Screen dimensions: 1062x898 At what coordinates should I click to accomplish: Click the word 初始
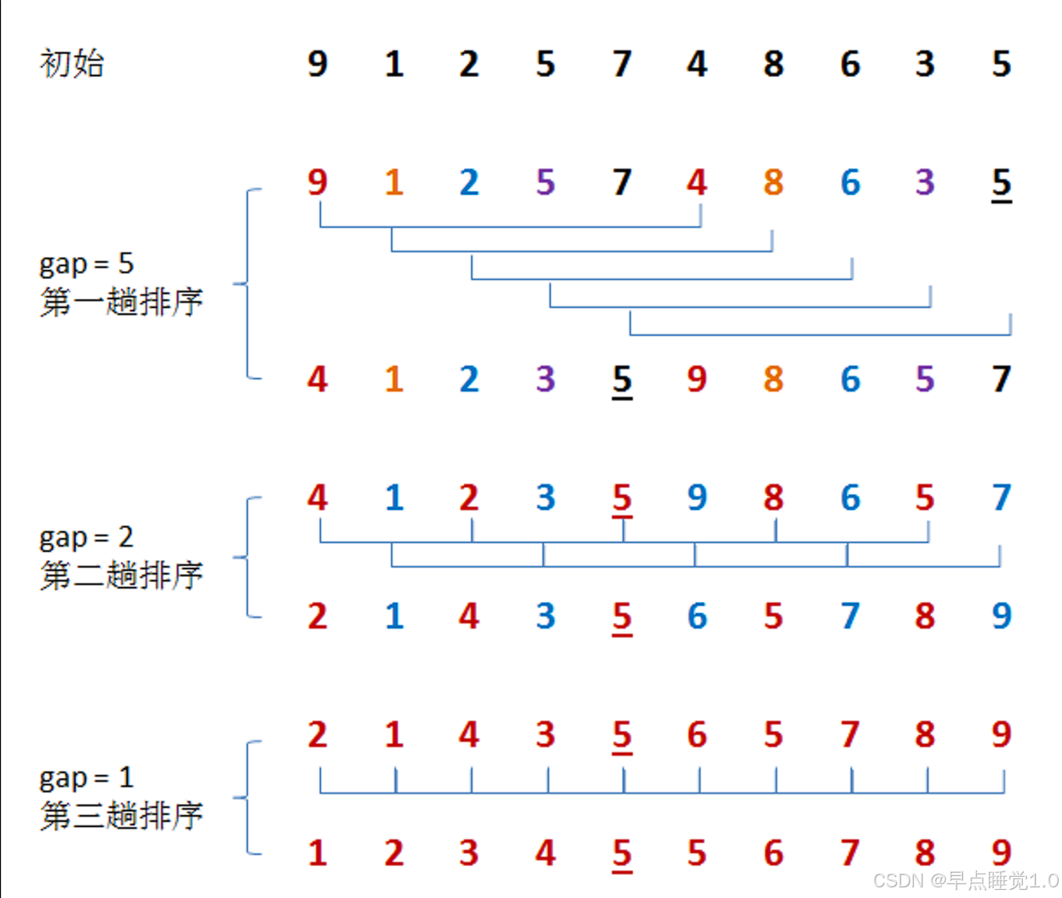pos(72,64)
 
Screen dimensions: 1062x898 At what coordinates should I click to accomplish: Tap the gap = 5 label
pos(87,264)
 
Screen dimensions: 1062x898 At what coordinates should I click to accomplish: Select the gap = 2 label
pos(87,538)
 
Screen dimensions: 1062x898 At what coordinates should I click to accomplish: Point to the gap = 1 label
pos(87,778)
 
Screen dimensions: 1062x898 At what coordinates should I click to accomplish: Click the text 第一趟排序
pos(121,302)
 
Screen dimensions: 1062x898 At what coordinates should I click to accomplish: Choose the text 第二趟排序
pos(121,575)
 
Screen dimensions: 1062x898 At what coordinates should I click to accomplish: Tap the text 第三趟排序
pos(121,815)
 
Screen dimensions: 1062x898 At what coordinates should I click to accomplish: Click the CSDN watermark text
pos(965,881)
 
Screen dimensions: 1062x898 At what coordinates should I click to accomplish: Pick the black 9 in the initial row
pos(317,64)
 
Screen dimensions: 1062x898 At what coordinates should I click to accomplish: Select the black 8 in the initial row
pos(773,64)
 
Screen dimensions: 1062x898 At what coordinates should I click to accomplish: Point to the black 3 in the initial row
pos(925,64)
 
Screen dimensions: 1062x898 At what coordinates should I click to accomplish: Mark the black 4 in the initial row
pos(697,64)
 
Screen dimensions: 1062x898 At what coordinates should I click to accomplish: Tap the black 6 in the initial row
pos(850,64)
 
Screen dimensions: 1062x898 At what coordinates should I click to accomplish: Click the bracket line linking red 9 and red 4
pos(510,227)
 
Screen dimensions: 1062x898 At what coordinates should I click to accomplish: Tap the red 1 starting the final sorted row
pos(317,854)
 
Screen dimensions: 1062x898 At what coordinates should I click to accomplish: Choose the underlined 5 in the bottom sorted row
pos(622,854)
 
